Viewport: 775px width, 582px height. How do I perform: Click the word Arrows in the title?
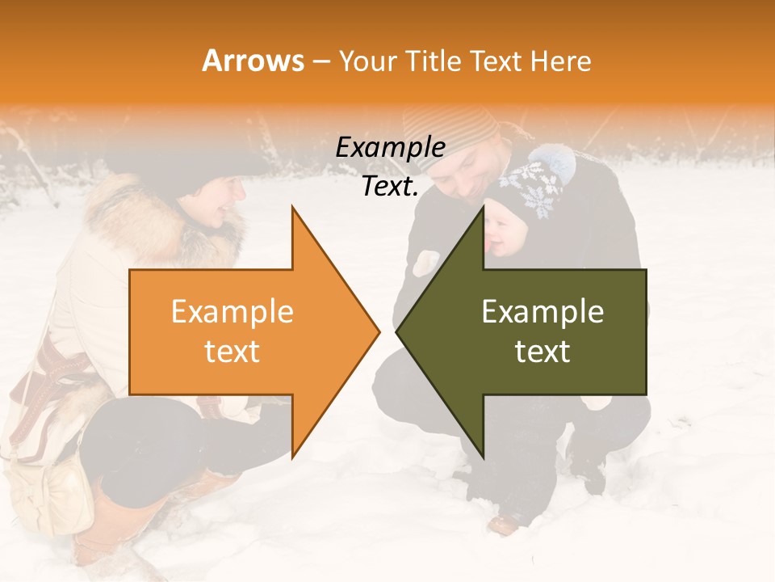[253, 61]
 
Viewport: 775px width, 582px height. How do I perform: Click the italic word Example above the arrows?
[390, 148]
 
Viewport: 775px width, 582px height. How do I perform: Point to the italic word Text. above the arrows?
[390, 187]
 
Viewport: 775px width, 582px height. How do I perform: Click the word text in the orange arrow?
[232, 352]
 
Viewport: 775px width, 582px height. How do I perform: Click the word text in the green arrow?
[542, 352]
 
